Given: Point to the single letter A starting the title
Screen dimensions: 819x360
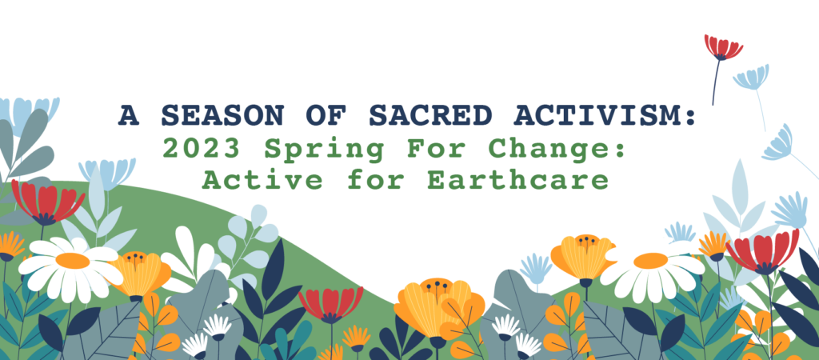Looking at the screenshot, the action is pyautogui.click(x=129, y=115).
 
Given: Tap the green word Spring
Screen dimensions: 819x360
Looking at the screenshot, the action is pyautogui.click(x=325, y=150).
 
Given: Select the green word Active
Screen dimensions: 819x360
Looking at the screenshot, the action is pyautogui.click(x=262, y=180).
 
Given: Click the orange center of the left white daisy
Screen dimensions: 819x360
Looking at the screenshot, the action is pyautogui.click(x=73, y=260).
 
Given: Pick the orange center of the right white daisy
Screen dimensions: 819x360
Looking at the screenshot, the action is pyautogui.click(x=651, y=260).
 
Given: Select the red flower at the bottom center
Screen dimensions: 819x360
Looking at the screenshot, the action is pyautogui.click(x=330, y=304).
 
